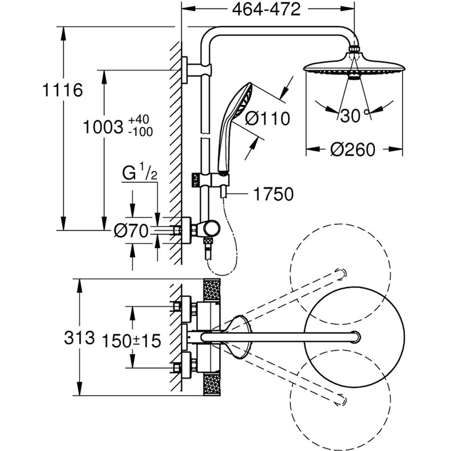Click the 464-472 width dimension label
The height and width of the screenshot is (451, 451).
coord(264,10)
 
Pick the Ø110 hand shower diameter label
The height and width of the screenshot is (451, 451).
coord(268,119)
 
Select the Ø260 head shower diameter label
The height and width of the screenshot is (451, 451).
coord(353,150)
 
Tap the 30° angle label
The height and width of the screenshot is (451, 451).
coord(352,116)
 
